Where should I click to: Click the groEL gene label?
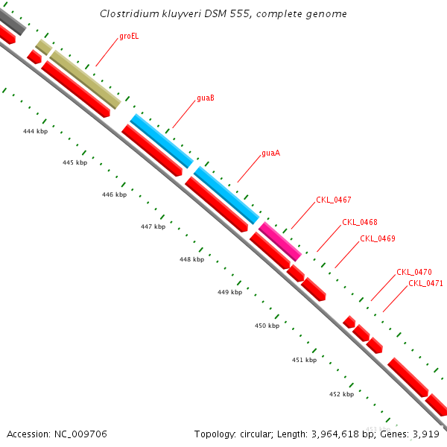click(129, 36)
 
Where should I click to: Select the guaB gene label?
click(206, 98)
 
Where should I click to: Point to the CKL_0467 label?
click(333, 200)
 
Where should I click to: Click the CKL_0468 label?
click(359, 222)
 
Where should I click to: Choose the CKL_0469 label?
click(377, 238)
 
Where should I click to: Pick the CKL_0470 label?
click(413, 272)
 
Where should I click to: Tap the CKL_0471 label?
click(425, 283)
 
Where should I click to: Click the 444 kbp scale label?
click(35, 131)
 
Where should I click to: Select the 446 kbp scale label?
click(114, 194)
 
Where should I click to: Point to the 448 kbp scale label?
click(191, 259)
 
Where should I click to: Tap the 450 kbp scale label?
click(267, 326)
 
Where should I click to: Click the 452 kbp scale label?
click(341, 393)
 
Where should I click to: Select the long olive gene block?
click(85, 79)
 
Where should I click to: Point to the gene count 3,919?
click(426, 434)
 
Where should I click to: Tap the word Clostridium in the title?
click(127, 14)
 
